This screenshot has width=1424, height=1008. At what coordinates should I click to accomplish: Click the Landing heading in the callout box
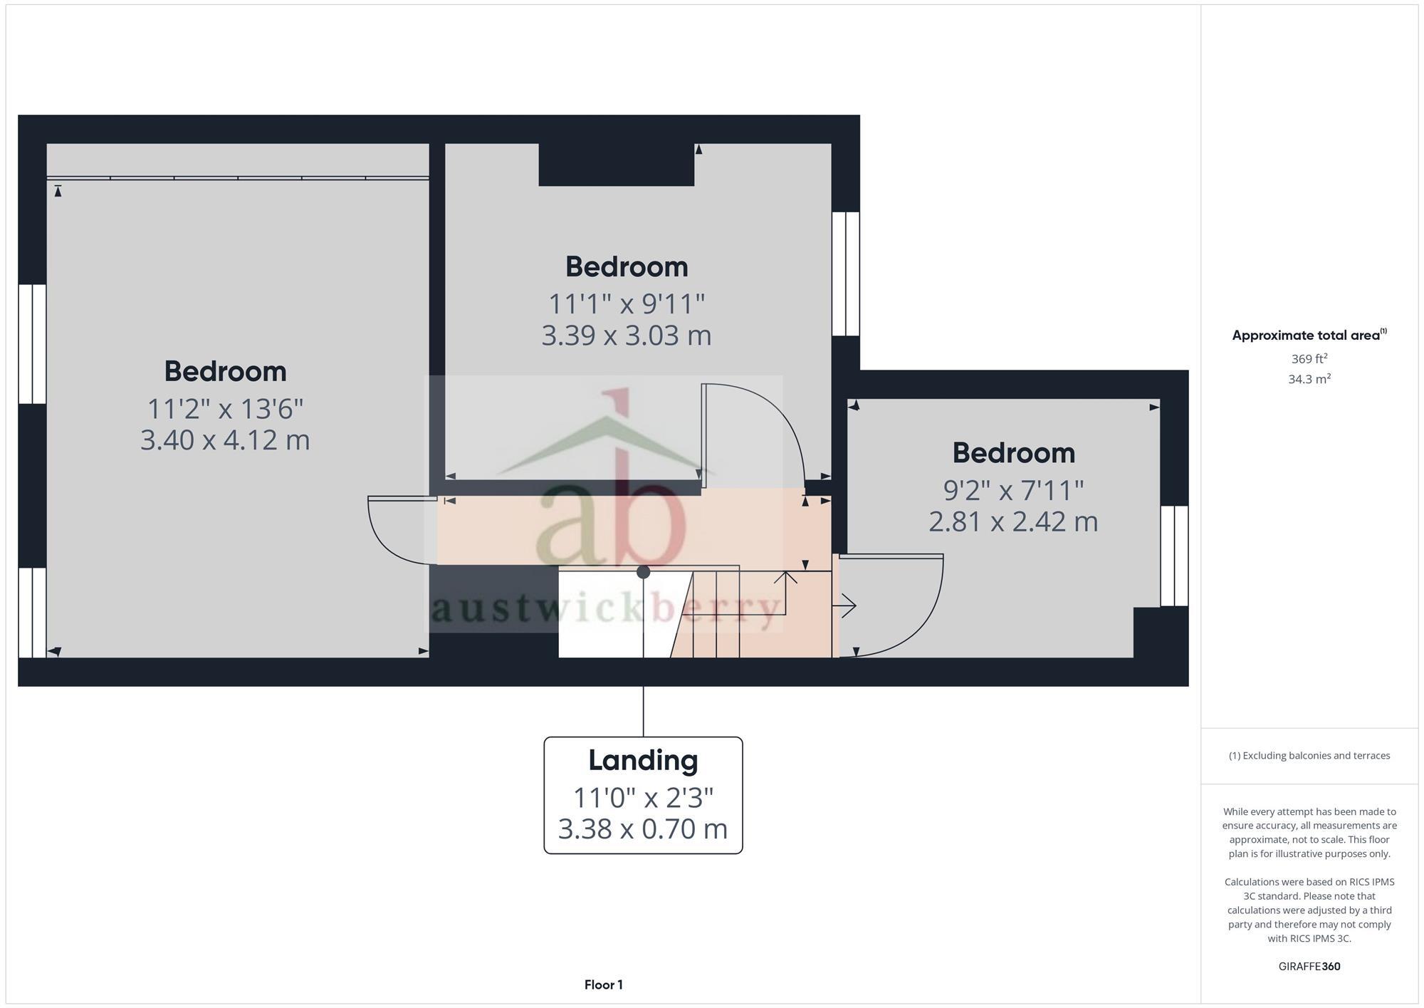pos(643,760)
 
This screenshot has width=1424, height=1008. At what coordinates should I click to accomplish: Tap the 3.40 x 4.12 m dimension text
pos(225,440)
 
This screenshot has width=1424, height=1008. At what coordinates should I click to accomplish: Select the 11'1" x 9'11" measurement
pos(627,304)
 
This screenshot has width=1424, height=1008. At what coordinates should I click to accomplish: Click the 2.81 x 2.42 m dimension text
pos(1013,521)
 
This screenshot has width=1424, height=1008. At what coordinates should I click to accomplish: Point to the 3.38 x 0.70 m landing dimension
pos(643,828)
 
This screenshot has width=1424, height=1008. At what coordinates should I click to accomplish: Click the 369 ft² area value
pos(1309,358)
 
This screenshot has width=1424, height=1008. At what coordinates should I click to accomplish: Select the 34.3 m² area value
pos(1309,379)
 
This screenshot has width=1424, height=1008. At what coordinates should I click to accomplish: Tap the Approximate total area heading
pos(1309,336)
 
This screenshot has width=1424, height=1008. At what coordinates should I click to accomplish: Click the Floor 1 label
pos(604,984)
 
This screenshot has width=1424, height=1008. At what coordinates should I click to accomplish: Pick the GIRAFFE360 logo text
pos(1309,967)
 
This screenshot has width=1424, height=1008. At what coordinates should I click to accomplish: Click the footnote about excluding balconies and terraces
pos(1309,756)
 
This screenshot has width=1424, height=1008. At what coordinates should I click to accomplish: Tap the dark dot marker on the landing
pos(643,572)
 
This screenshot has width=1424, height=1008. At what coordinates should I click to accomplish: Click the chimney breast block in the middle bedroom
pos(616,165)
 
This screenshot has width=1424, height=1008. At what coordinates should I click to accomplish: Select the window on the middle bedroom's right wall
pos(846,274)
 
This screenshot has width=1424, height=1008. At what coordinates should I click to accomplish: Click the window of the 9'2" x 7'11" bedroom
pos(1174,556)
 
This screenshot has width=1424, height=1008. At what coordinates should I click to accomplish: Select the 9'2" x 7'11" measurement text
pos(1013,490)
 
